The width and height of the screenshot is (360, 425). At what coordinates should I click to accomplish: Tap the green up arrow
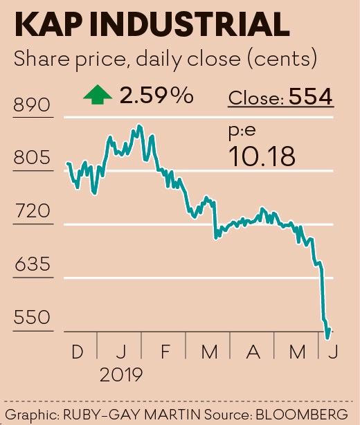coord(98,96)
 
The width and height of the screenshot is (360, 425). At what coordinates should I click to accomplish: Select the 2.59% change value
coord(156,96)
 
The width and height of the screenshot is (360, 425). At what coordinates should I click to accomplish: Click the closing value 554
coord(312,98)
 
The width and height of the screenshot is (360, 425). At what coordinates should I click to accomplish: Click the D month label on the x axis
coord(76,352)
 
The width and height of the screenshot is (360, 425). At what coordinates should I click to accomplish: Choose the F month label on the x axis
coord(165,352)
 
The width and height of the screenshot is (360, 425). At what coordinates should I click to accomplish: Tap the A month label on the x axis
coord(253,352)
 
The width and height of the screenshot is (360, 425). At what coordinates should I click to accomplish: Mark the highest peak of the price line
coord(140,126)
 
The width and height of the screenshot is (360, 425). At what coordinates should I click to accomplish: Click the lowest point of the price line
coord(327,338)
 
